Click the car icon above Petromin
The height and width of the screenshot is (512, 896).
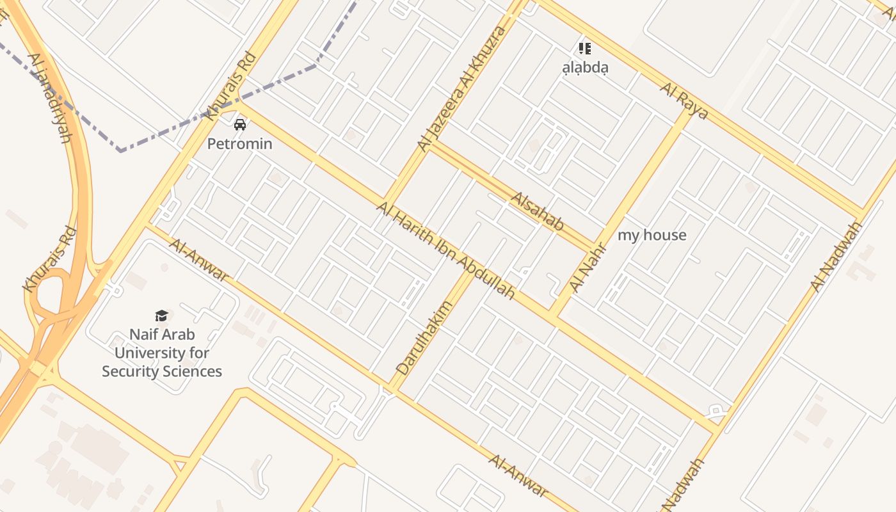point(240,124)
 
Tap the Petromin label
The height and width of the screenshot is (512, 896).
point(240,143)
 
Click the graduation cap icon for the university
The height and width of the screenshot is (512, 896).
point(161,316)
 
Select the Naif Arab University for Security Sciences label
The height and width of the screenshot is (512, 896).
point(162,353)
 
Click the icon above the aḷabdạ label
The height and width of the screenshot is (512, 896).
point(584,48)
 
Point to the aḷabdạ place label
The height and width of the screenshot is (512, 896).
point(585,67)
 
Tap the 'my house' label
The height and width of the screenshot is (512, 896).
point(652,235)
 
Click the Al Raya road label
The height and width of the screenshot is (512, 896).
point(684,101)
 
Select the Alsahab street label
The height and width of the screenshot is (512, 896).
point(537,211)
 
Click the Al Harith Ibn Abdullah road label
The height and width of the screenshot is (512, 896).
point(445,250)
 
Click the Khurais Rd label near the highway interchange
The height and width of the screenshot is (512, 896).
point(50,259)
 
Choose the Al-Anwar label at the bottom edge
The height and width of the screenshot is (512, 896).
point(518,475)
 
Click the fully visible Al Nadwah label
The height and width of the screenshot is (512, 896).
point(836,257)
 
